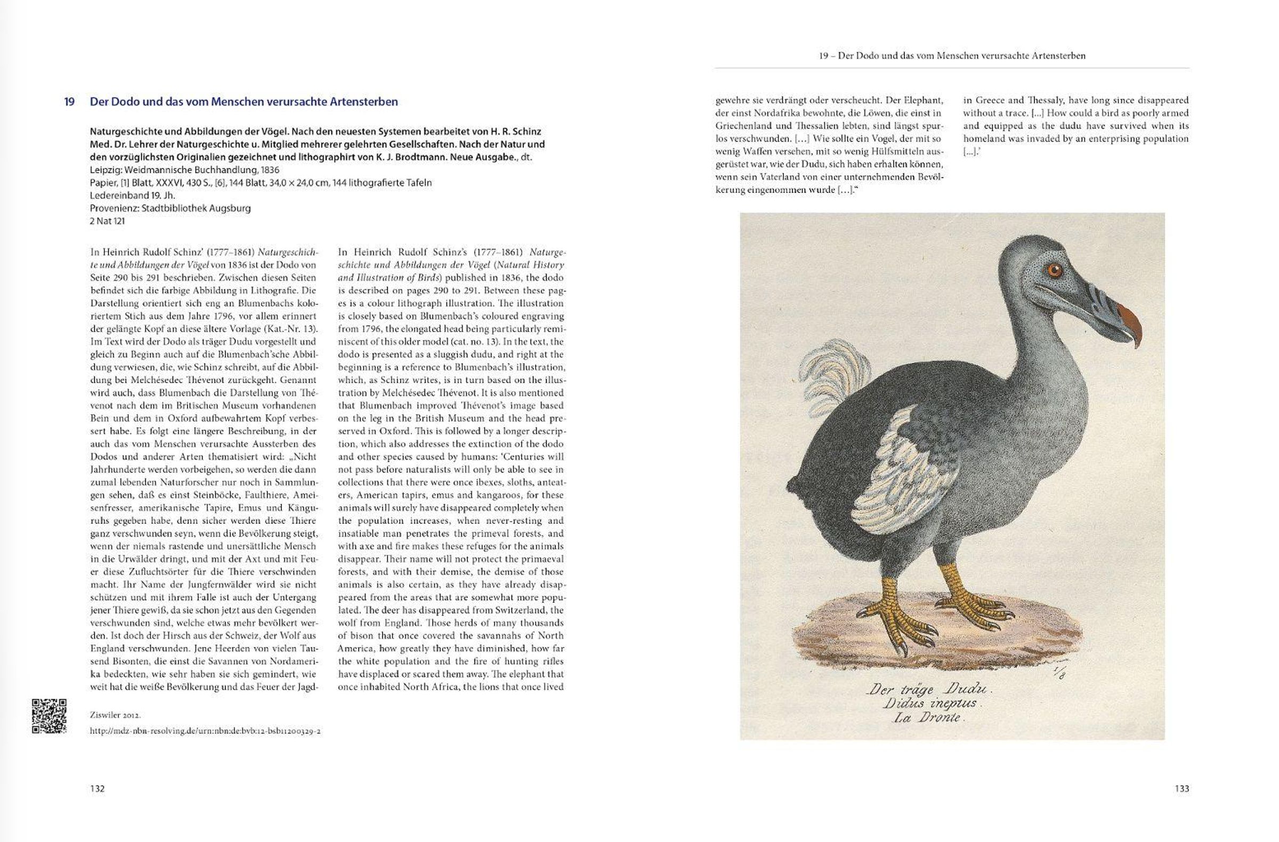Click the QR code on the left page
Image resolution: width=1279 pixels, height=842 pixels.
pyautogui.click(x=49, y=716)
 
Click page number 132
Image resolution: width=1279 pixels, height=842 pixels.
pyautogui.click(x=98, y=789)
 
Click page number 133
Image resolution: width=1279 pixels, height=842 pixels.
pyautogui.click(x=1181, y=789)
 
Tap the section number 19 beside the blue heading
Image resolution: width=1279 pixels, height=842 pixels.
pyautogui.click(x=69, y=102)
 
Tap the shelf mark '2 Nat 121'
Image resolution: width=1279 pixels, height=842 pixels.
pyautogui.click(x=108, y=221)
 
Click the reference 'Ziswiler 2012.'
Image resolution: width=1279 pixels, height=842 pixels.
pyautogui.click(x=116, y=715)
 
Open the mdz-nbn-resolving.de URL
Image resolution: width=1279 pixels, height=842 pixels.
pyautogui.click(x=205, y=731)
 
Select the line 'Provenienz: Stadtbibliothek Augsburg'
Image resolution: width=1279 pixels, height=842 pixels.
pyautogui.click(x=171, y=208)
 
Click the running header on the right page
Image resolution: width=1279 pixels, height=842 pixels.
pyautogui.click(x=952, y=56)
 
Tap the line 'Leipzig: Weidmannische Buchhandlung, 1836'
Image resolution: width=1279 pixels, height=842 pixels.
pyautogui.click(x=185, y=170)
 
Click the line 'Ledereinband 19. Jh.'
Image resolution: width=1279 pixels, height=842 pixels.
pyautogui.click(x=133, y=195)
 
